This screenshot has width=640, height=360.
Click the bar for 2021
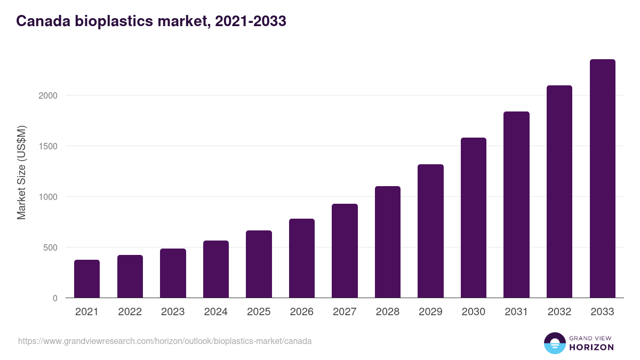coord(87,278)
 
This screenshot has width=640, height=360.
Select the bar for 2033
coord(602,179)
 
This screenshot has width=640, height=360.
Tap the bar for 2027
coord(345,251)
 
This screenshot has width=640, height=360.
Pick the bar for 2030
coord(474,218)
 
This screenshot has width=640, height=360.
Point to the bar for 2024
coord(216,269)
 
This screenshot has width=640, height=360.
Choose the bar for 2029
coord(430,231)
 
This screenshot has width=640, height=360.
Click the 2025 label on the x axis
coord(259,312)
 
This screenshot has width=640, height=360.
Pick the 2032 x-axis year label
coord(559,312)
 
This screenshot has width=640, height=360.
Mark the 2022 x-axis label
coord(130,312)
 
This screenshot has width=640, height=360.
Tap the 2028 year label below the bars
coord(388,312)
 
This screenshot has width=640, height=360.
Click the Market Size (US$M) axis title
coord(21,173)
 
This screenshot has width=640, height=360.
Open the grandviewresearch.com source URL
coord(165,341)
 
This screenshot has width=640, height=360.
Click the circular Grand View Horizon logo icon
coord(554,343)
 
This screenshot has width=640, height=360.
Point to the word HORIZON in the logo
coord(591,347)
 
